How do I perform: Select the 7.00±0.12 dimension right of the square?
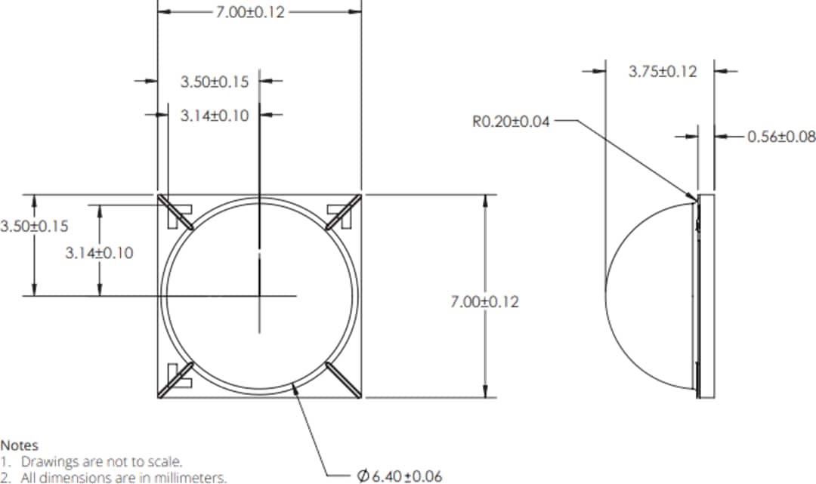coord(484,301)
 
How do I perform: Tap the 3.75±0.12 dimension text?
coord(662,72)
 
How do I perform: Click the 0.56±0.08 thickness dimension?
coord(780,137)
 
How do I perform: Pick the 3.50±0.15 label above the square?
coord(215,82)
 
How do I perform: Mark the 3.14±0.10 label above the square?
coord(215,116)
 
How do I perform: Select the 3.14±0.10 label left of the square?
coord(99,253)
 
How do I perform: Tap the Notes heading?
coord(19,445)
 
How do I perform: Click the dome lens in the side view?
coord(650,294)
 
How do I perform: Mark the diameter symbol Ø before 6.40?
coord(363,476)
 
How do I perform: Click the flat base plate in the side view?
coord(706,294)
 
